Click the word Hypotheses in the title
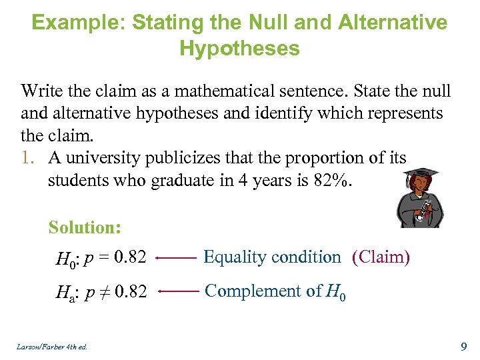(239, 49)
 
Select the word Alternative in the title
(393, 23)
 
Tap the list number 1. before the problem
(30, 159)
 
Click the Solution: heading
(85, 227)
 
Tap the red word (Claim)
(381, 257)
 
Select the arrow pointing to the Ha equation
(179, 291)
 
